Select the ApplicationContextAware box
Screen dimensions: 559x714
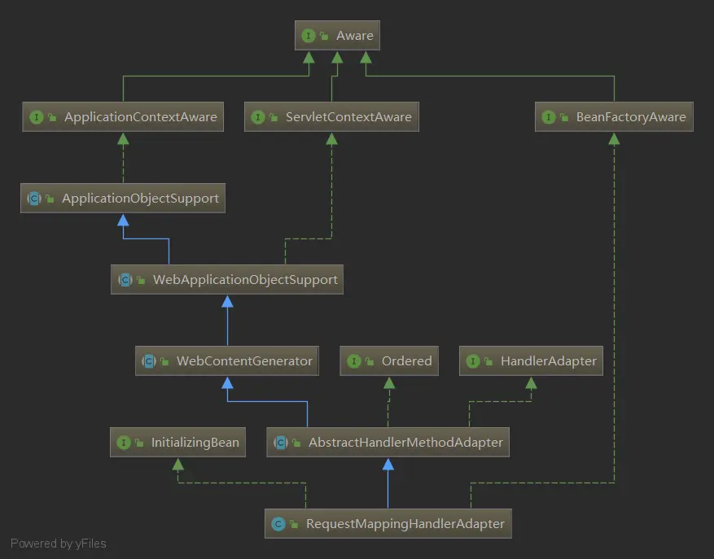(124, 117)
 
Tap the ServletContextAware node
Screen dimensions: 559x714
(331, 117)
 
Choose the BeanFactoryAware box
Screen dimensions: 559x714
(615, 117)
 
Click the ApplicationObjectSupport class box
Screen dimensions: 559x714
(123, 199)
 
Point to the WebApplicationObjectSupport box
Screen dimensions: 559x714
(227, 280)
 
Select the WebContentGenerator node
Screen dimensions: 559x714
(227, 361)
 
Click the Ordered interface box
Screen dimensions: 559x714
(389, 361)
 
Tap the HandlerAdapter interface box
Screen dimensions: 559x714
(531, 361)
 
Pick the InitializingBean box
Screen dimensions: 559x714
(177, 443)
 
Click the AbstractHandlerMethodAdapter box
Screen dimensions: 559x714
(388, 443)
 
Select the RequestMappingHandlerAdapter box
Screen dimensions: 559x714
(388, 524)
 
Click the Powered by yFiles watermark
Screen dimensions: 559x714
(59, 544)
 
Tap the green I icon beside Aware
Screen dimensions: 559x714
(309, 36)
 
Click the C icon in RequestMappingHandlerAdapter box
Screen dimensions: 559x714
(278, 524)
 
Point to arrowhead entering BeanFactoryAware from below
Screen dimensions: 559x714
(615, 138)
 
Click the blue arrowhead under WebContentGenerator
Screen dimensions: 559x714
(227, 382)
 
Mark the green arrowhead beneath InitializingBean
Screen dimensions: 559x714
(177, 464)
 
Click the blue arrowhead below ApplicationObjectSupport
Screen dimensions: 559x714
(123, 220)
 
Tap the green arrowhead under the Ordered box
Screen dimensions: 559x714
(389, 382)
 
